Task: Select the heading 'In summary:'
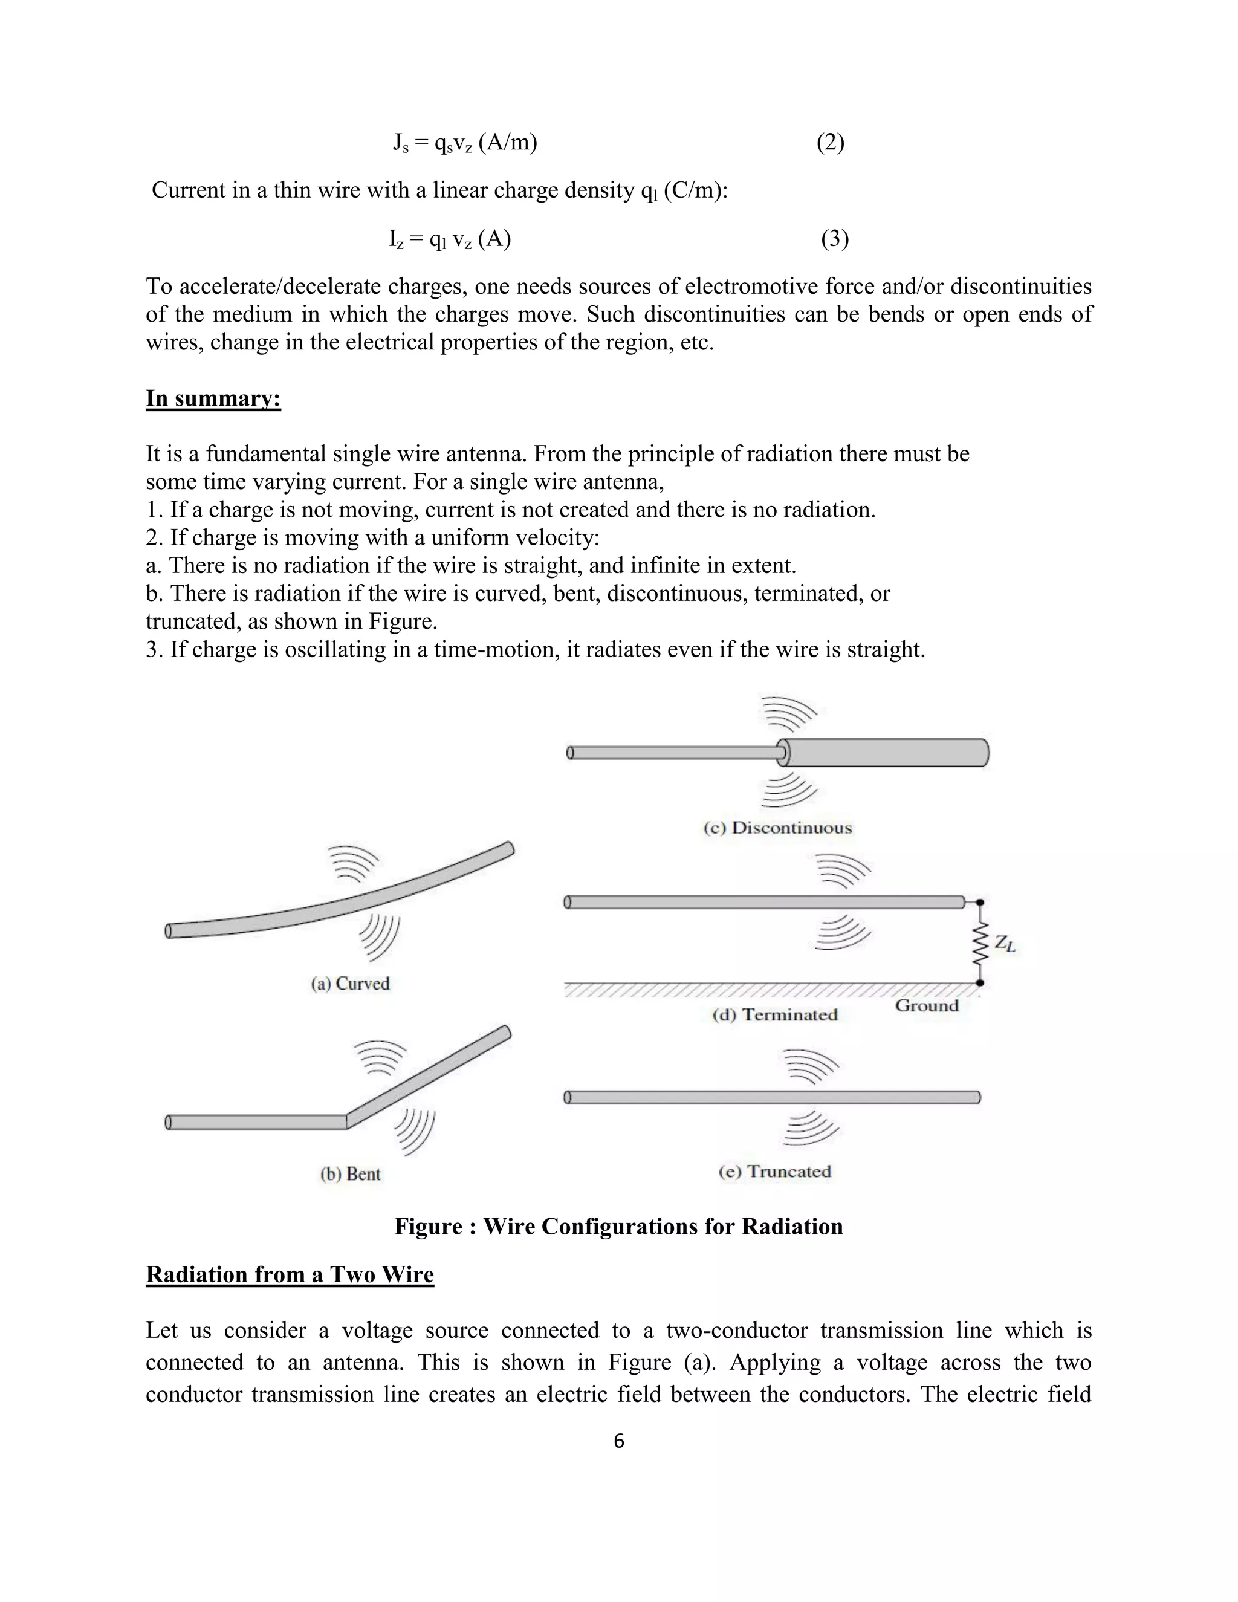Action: click(x=213, y=398)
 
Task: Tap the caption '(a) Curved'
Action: click(x=350, y=984)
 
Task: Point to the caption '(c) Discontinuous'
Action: click(x=777, y=828)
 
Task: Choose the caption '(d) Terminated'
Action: click(x=774, y=1014)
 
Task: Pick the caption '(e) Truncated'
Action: click(x=774, y=1172)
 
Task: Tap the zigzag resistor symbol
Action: click(x=980, y=943)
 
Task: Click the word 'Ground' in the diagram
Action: click(x=926, y=1006)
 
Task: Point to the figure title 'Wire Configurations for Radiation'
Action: click(x=618, y=1227)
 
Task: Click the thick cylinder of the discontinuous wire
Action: click(x=887, y=753)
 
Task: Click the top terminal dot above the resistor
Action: click(x=980, y=902)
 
